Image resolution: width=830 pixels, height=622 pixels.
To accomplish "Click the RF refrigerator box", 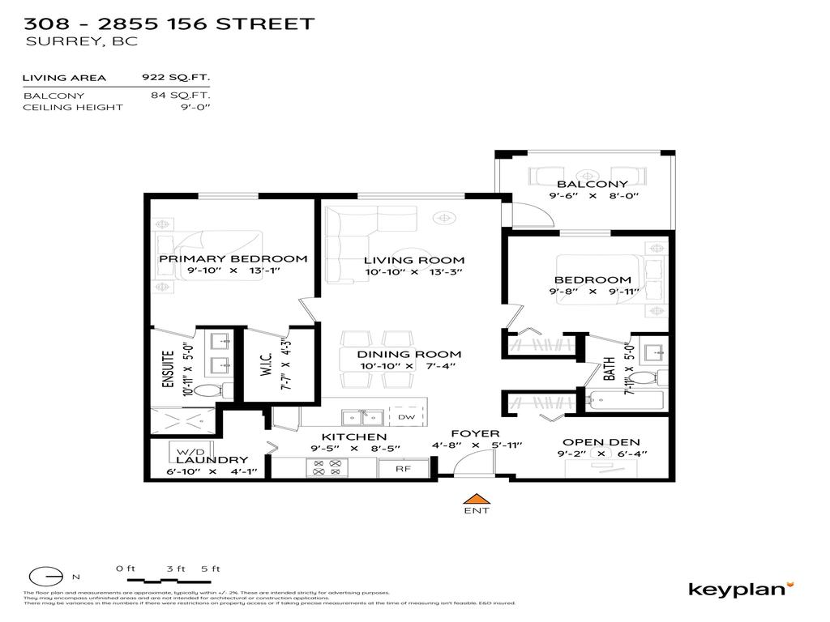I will coord(401,467).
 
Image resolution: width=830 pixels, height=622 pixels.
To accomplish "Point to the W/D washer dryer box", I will coord(180,450).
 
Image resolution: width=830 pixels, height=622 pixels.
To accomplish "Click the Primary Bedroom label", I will coord(233,259).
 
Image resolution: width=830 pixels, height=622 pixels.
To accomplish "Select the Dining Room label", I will coord(410,354).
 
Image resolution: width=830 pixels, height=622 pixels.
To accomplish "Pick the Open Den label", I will coord(601,442).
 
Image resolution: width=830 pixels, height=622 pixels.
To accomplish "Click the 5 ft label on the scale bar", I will coord(210,569).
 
